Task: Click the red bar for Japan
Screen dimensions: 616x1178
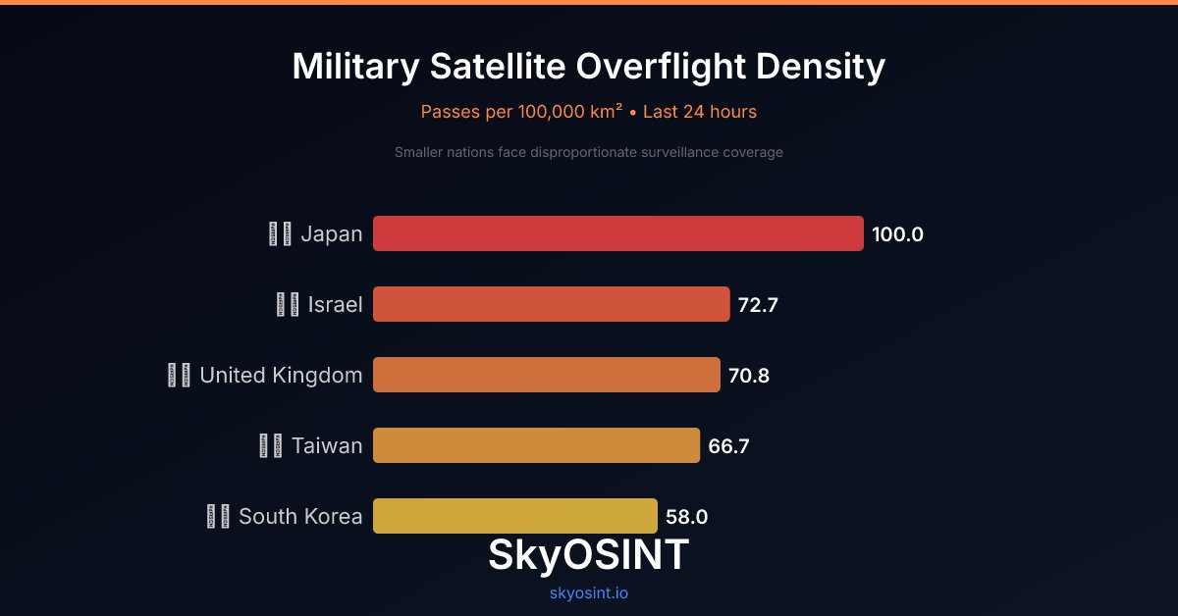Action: pos(617,233)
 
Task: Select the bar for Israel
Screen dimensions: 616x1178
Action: pos(551,304)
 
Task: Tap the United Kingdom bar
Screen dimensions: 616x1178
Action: pos(546,375)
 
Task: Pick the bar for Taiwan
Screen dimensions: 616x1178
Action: pos(536,445)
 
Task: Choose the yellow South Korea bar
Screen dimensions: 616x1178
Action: pos(514,516)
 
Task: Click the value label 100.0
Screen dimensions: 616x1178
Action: pos(897,234)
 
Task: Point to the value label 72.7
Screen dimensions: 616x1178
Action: pos(758,305)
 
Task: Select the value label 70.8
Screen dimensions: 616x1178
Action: pos(748,376)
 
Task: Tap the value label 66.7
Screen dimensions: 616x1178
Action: pos(728,446)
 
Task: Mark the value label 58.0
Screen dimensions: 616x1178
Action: pos(686,517)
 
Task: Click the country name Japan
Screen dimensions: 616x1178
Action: pos(331,234)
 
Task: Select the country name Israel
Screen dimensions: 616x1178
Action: pos(335,305)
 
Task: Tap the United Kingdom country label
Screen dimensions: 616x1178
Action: pos(281,376)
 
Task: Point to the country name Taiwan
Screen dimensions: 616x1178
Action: pos(327,446)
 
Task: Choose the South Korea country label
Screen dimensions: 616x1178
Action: pos(300,517)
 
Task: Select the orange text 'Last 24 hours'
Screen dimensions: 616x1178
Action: pos(700,112)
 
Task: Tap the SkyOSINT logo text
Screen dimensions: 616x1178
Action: pos(588,555)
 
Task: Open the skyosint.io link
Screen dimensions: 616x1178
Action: pos(588,593)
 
